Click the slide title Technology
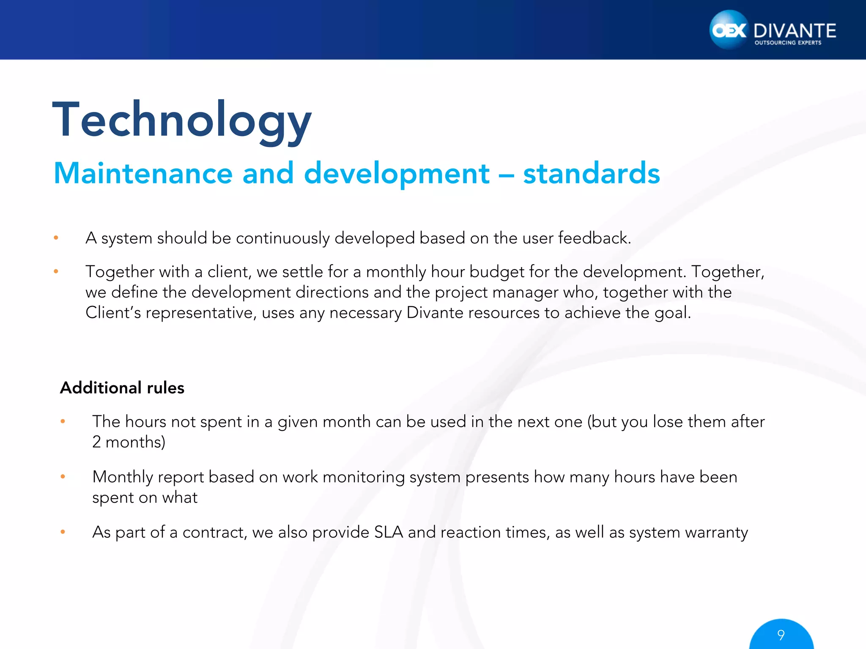click(182, 120)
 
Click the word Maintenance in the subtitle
click(143, 174)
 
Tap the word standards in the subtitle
click(591, 174)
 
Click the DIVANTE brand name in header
click(795, 31)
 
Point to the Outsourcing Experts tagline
click(788, 43)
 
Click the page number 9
click(781, 635)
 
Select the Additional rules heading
click(122, 388)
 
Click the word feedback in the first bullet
click(594, 238)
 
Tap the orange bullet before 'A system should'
click(56, 238)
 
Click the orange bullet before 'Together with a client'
click(56, 272)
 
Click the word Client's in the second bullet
click(113, 313)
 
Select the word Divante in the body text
click(435, 313)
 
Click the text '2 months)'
click(129, 442)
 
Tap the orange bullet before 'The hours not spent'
click(63, 421)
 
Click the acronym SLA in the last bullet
click(388, 532)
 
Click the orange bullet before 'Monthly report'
click(63, 477)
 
